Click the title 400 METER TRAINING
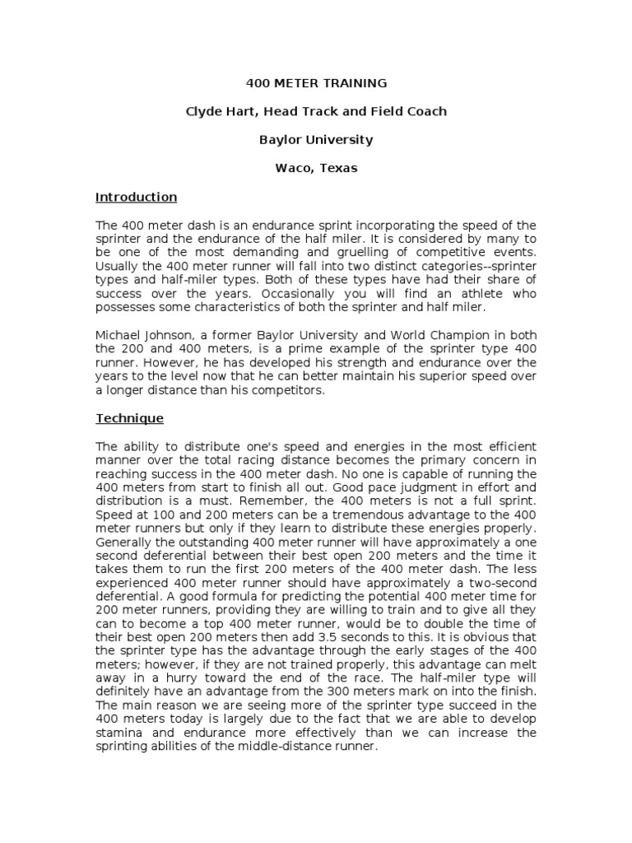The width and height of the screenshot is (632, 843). pos(316,83)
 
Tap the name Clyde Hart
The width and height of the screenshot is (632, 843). pos(217,111)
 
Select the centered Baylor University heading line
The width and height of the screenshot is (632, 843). pos(316,139)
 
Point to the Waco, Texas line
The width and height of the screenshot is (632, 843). pos(316,168)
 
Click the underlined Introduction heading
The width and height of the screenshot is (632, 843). pos(136,197)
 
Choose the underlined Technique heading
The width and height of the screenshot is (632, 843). pos(129,418)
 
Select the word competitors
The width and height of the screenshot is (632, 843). pos(290,390)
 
